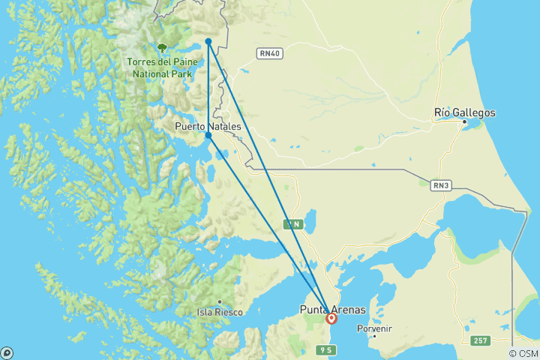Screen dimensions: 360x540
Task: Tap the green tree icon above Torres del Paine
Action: coord(161,47)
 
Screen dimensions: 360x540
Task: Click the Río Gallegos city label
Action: coord(465,112)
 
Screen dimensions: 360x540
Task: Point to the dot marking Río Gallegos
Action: coord(465,121)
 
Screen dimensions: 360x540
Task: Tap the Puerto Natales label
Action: coord(208,127)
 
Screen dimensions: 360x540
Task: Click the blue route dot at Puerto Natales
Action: coord(208,136)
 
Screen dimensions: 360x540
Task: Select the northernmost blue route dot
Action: coord(208,41)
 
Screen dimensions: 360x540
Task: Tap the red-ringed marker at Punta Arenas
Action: coord(331,319)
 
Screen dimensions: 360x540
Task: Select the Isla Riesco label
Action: coord(219,312)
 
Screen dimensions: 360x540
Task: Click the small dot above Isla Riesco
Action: coord(220,302)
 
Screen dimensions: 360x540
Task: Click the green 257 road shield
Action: coord(481,341)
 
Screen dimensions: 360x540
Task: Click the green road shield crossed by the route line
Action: coord(294,223)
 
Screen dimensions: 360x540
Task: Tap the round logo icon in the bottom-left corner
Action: coord(7,352)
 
